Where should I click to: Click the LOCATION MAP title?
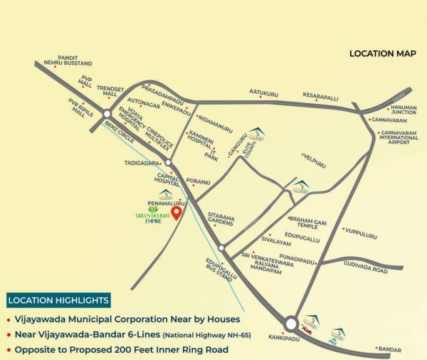(382, 54)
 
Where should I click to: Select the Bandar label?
(390, 349)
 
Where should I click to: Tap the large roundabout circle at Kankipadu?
(291, 324)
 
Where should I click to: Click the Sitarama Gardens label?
(221, 218)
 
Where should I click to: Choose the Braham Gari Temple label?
(308, 221)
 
